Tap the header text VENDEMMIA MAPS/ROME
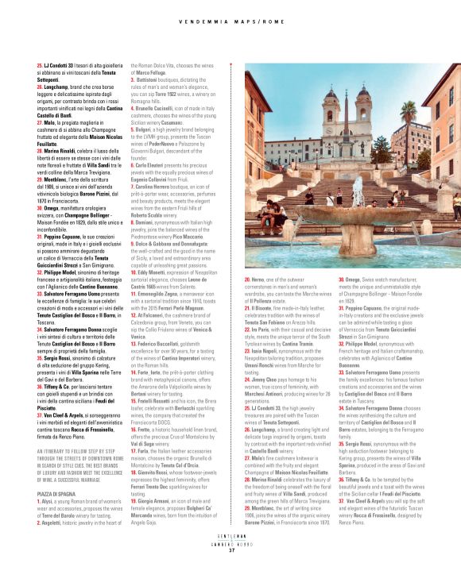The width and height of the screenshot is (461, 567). pos(230,21)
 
